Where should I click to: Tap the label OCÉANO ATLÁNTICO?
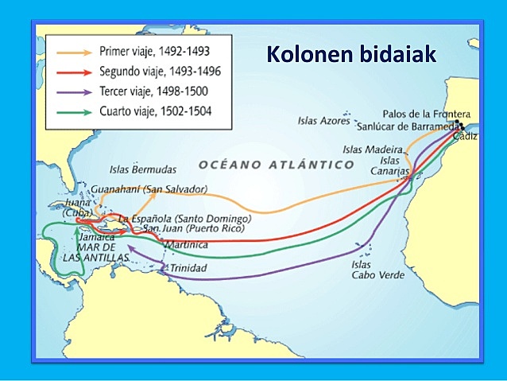point(277,164)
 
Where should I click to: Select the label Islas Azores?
point(323,122)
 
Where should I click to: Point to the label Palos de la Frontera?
point(431,114)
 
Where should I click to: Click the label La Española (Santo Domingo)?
point(184,218)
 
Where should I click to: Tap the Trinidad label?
point(188,269)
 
